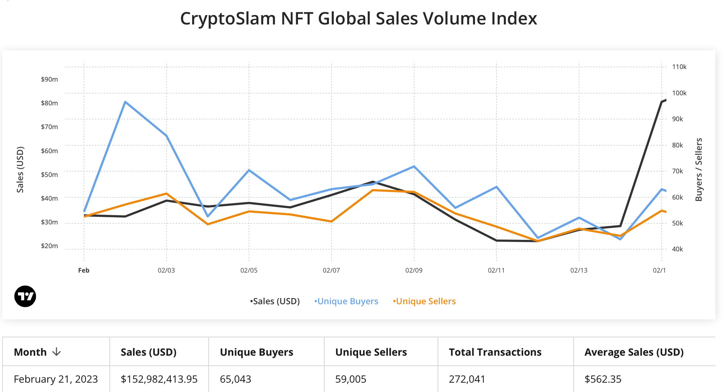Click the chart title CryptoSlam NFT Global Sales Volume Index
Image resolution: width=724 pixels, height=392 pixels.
pos(358,19)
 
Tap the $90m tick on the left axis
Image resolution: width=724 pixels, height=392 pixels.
pos(49,79)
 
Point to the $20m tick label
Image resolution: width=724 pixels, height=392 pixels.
pos(49,246)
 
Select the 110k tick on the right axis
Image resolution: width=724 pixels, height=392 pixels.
pos(679,67)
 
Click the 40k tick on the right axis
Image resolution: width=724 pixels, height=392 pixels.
pos(677,249)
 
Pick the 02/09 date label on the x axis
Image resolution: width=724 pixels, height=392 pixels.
pos(414,270)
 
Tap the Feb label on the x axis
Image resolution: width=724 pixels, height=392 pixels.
pos(83,270)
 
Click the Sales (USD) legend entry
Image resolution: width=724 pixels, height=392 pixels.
pos(275,301)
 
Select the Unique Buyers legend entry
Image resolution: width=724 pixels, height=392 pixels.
pos(347,301)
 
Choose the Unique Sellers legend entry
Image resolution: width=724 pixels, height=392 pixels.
pos(425,301)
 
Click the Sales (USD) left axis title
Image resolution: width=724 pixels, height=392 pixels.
pos(20,169)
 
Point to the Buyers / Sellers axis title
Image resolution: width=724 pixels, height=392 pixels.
pos(699,169)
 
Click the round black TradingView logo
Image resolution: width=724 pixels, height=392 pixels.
pos(25,296)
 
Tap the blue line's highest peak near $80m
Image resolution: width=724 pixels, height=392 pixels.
pos(125,102)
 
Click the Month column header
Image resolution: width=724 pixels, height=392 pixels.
pos(30,352)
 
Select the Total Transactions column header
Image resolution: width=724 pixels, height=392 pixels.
pos(495,352)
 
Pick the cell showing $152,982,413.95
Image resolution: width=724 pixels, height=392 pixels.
pos(159,379)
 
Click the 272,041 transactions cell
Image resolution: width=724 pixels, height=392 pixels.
pos(467,379)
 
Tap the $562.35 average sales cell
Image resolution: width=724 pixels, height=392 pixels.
pos(603,379)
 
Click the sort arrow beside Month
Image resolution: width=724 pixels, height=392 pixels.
pos(56,352)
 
